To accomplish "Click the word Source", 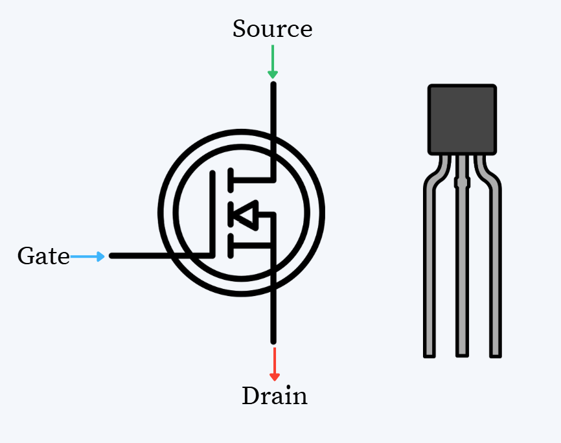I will (272, 29).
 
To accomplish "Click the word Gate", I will (43, 256).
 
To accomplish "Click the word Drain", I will (274, 396).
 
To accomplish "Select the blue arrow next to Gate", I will (87, 256).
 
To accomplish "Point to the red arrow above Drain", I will (274, 364).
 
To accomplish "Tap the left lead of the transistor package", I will (429, 272).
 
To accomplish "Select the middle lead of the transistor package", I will (462, 272).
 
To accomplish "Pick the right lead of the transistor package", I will (495, 272).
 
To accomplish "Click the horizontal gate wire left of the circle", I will (136, 256).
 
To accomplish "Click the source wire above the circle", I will (273, 107).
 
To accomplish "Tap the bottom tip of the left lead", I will (429, 354).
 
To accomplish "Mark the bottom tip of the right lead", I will (496, 354).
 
